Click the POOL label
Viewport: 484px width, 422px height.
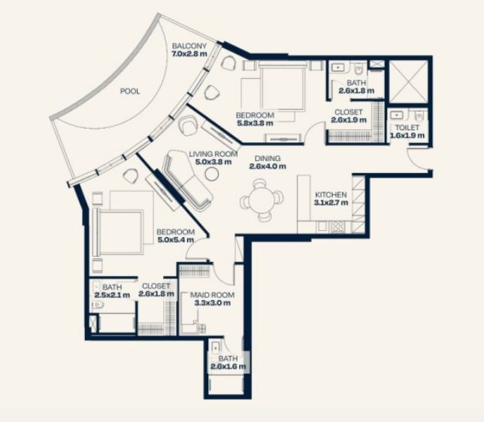pyautogui.click(x=130, y=91)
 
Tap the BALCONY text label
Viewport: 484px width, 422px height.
pyautogui.click(x=189, y=46)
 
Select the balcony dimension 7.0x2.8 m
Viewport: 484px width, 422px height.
pyautogui.click(x=189, y=53)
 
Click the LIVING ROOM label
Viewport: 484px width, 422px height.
pyautogui.click(x=213, y=154)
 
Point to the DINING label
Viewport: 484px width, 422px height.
pyautogui.click(x=268, y=159)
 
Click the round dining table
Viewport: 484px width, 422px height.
pyautogui.click(x=262, y=200)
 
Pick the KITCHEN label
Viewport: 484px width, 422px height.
pyautogui.click(x=331, y=195)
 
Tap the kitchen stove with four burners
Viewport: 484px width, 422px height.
pyautogui.click(x=337, y=226)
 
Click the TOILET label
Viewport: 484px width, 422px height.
pyautogui.click(x=407, y=128)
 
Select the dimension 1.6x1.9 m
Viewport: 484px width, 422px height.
pyautogui.click(x=407, y=135)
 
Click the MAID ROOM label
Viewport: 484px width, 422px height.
pyautogui.click(x=212, y=295)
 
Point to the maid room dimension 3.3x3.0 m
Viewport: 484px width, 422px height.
pyautogui.click(x=213, y=303)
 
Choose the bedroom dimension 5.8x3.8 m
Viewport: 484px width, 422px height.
pyautogui.click(x=255, y=123)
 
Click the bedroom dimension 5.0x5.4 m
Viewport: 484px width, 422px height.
pyautogui.click(x=176, y=240)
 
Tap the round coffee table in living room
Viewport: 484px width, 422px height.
pyautogui.click(x=212, y=174)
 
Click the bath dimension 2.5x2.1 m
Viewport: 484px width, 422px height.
pyautogui.click(x=112, y=295)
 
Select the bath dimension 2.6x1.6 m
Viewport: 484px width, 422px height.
pyautogui.click(x=228, y=366)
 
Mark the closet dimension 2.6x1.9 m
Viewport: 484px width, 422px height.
pyautogui.click(x=349, y=120)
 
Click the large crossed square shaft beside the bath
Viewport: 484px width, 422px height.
pyautogui.click(x=408, y=81)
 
